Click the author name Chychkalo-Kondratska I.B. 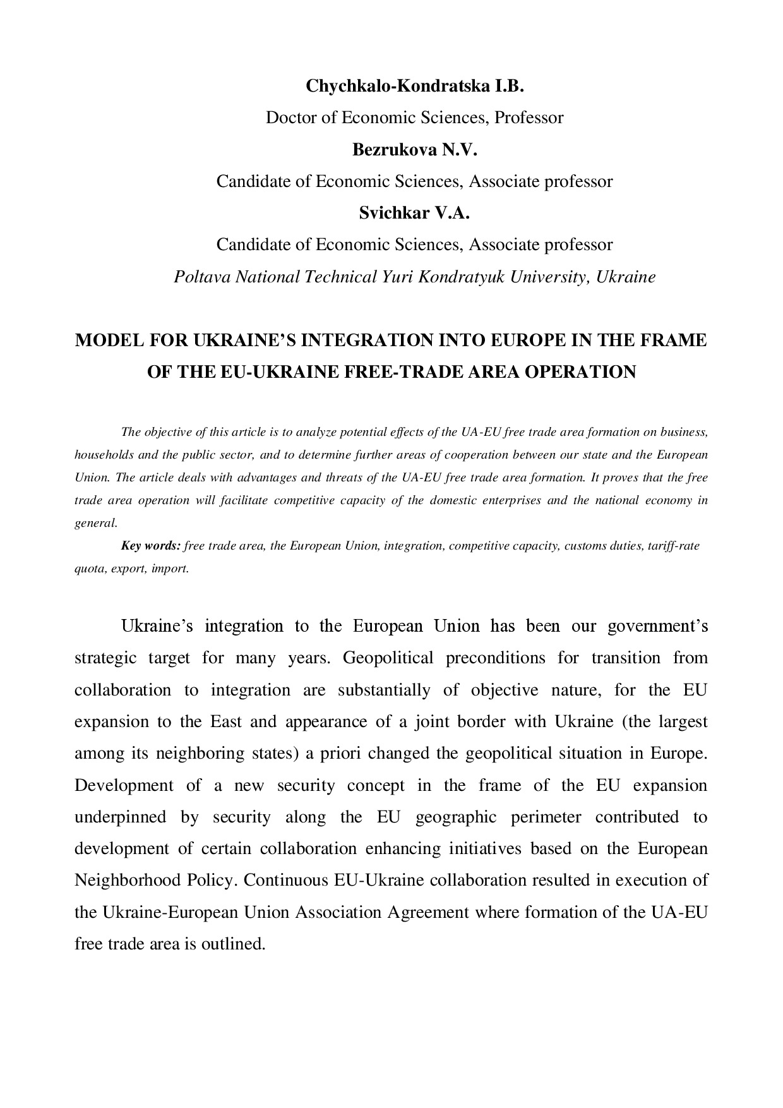click(x=415, y=86)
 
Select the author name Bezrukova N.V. click(x=414, y=150)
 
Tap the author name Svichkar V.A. click(x=414, y=213)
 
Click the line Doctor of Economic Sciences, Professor click(x=414, y=117)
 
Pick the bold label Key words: click(x=151, y=546)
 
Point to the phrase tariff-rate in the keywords click(x=676, y=546)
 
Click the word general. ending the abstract click(x=97, y=523)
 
